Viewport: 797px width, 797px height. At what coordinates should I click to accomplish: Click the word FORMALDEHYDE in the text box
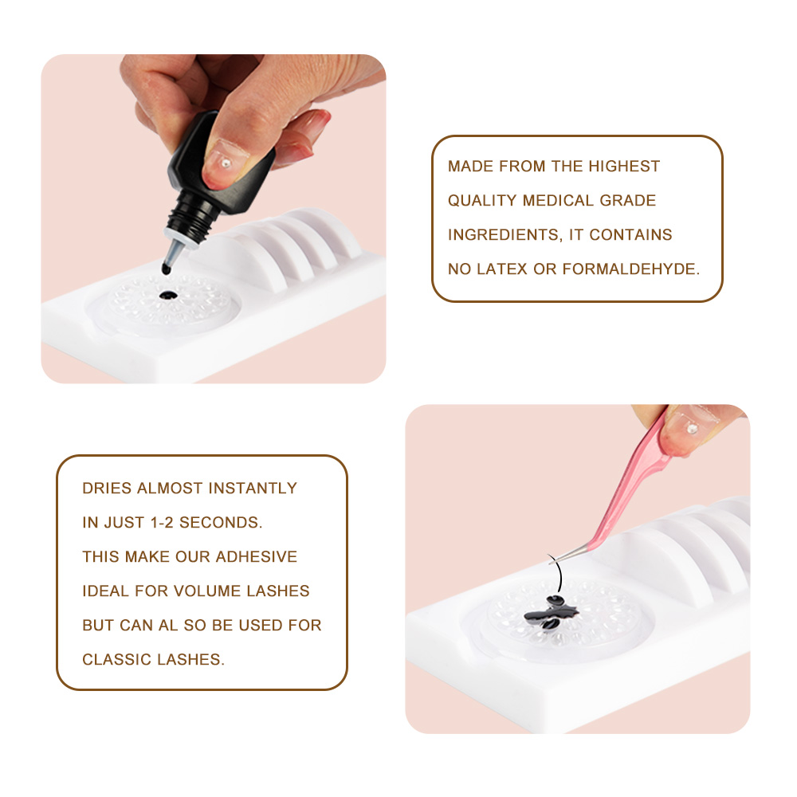point(631,269)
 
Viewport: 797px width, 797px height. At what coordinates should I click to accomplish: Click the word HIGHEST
point(624,167)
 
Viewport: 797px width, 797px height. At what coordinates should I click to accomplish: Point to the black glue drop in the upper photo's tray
point(167,296)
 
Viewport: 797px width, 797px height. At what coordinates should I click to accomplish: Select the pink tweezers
point(638,494)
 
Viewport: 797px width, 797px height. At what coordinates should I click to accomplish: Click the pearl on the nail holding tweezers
point(691,429)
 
